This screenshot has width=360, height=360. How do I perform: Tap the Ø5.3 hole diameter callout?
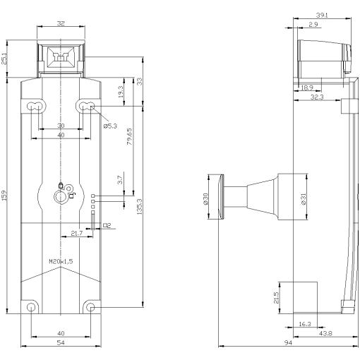click(x=111, y=126)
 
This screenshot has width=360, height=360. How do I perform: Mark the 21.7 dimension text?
click(x=76, y=233)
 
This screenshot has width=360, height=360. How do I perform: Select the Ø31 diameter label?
click(x=304, y=199)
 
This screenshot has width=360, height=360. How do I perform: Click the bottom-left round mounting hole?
click(x=31, y=308)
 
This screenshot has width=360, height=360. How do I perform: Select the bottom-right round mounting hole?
click(x=90, y=307)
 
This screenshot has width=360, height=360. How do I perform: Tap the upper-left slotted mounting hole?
click(x=33, y=107)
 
